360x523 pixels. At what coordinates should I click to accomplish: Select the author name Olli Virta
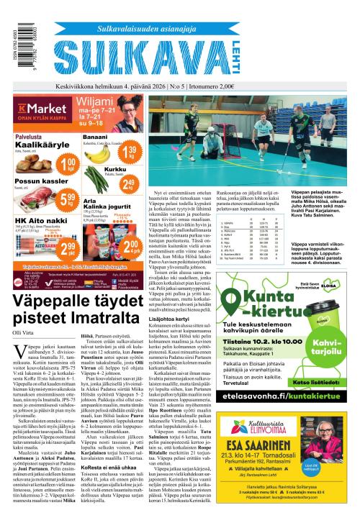click(x=23, y=311)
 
